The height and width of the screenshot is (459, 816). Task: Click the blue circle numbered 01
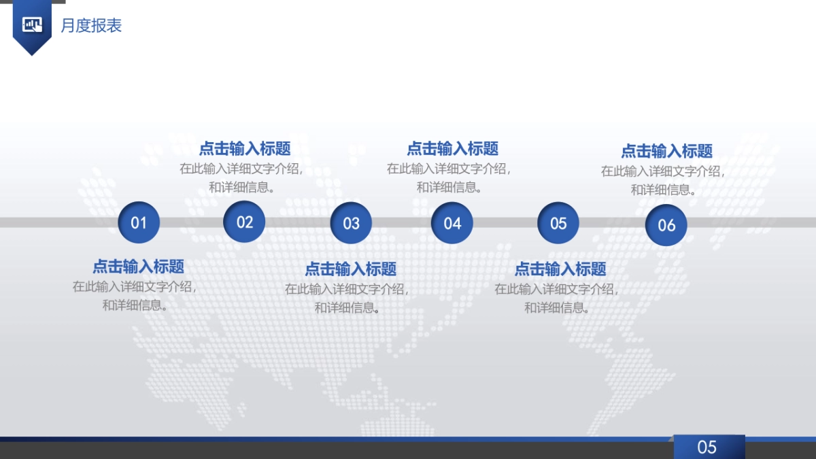[139, 222]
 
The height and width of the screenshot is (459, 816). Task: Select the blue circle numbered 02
[244, 222]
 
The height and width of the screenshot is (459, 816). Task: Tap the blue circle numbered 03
[351, 223]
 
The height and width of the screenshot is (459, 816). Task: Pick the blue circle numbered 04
[452, 223]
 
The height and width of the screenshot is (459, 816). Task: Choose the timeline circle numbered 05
[558, 223]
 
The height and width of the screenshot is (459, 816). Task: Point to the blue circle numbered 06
[666, 225]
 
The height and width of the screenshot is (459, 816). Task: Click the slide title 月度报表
[91, 26]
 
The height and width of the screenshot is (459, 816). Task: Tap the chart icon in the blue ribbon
[32, 25]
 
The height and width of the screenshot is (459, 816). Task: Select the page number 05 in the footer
[707, 447]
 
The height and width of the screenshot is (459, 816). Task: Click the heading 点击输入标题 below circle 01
[139, 267]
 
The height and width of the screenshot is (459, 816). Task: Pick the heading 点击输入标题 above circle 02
[245, 148]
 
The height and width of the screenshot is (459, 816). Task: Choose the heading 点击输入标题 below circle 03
[351, 269]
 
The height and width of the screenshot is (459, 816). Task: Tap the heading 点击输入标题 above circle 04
[453, 148]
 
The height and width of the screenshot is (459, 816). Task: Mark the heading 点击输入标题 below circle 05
[560, 269]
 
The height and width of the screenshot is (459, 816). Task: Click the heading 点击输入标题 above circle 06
[667, 151]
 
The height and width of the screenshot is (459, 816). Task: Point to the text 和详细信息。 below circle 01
[136, 305]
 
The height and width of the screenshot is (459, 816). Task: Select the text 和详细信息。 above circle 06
[664, 190]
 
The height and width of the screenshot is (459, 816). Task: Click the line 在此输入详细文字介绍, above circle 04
[449, 169]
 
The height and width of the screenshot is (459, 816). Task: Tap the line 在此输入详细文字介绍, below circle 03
[347, 289]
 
